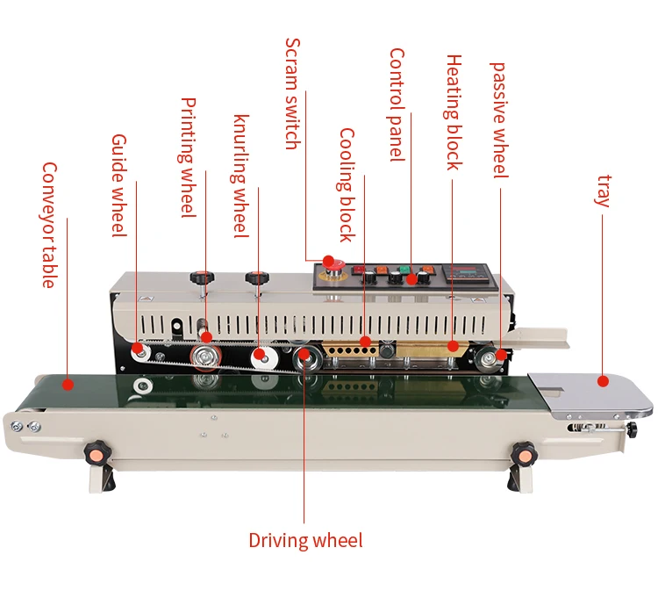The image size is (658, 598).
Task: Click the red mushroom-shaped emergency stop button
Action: pyautogui.click(x=329, y=262)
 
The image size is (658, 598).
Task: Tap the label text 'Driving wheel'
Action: pyautogui.click(x=304, y=540)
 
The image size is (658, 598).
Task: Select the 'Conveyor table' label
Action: pyautogui.click(x=49, y=225)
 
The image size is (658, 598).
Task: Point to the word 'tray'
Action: pyautogui.click(x=603, y=191)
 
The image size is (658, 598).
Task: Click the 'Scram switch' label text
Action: pyautogui.click(x=293, y=94)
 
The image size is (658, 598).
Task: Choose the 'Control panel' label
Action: pyautogui.click(x=397, y=104)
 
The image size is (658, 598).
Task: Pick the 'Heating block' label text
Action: pyautogui.click(x=454, y=112)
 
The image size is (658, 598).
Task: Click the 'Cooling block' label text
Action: pyautogui.click(x=347, y=184)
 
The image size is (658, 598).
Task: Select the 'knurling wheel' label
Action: pyautogui.click(x=241, y=176)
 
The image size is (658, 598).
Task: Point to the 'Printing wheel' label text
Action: pyautogui.click(x=189, y=158)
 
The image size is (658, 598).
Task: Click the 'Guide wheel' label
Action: pyautogui.click(x=119, y=185)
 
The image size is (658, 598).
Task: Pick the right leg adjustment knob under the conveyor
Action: pyautogui.click(x=523, y=454)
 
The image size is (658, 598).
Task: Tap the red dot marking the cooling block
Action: pyautogui.click(x=365, y=341)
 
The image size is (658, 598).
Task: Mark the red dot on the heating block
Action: pyautogui.click(x=453, y=346)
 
